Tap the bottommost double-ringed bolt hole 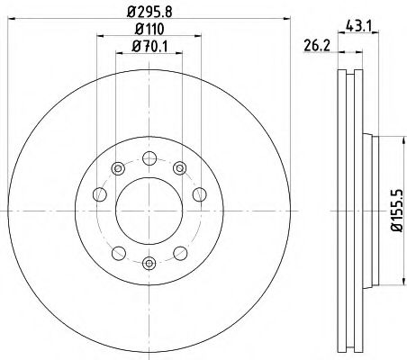(x=149, y=263)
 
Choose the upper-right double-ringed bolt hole (x=180, y=167)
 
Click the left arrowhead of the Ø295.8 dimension (x=23, y=19)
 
